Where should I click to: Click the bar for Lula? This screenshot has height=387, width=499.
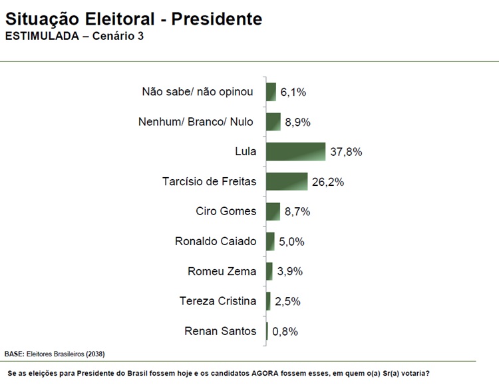click(295, 152)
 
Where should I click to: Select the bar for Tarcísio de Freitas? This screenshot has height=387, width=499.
click(287, 182)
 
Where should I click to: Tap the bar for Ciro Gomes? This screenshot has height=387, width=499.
click(273, 212)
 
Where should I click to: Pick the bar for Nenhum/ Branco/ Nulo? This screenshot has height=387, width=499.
click(273, 122)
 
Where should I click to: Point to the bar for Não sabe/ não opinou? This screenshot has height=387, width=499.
click(271, 92)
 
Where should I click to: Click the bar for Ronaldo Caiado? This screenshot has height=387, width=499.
click(270, 241)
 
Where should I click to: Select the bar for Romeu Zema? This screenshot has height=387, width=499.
click(269, 271)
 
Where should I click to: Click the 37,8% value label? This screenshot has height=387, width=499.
click(346, 152)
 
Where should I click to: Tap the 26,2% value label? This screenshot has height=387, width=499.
click(328, 182)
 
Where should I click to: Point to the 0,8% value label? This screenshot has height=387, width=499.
click(285, 331)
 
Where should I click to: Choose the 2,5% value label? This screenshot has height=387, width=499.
click(288, 301)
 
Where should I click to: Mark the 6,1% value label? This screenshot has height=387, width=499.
click(293, 92)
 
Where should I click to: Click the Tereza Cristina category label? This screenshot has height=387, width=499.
click(218, 301)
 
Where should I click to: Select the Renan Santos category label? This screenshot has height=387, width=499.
click(220, 331)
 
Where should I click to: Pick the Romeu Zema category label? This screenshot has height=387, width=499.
click(222, 271)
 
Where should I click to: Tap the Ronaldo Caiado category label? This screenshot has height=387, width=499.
click(216, 241)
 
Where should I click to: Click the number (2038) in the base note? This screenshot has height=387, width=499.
click(94, 353)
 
